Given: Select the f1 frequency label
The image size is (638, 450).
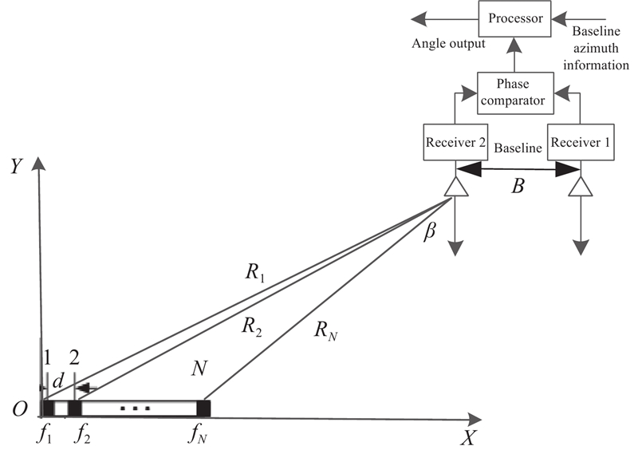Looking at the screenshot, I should coord(45,435).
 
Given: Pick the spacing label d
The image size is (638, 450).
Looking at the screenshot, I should coord(57,382).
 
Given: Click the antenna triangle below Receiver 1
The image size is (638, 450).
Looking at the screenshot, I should coord(581,186).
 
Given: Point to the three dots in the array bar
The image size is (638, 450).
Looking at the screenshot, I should coord(135,409).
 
